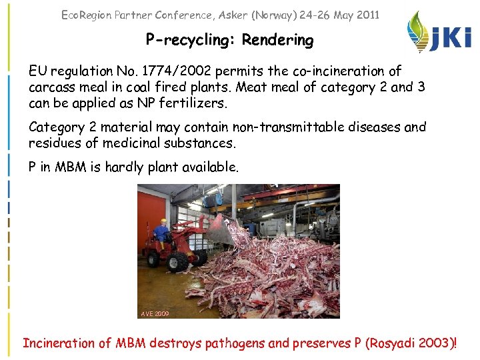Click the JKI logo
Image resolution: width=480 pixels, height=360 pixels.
coord(440,33)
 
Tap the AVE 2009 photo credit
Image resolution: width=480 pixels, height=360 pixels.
coord(155,313)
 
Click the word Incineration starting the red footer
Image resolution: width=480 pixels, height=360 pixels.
coord(59,343)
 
